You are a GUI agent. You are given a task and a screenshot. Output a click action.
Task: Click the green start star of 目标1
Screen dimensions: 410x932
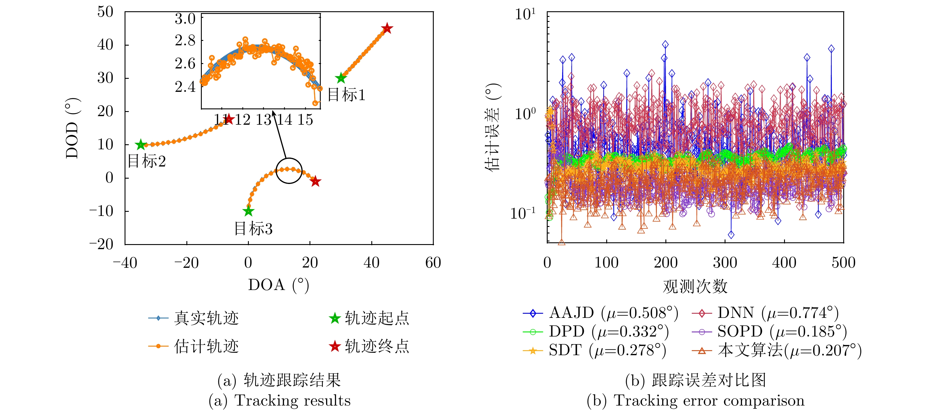[x=341, y=78]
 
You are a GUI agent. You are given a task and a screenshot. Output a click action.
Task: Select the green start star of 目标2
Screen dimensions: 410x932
[x=140, y=145]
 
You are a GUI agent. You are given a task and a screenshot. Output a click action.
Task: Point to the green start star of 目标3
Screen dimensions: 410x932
[x=248, y=211]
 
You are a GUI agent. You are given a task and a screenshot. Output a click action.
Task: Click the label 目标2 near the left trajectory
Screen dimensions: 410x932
[x=147, y=161]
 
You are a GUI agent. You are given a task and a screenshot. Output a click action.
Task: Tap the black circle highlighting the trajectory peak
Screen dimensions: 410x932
[x=289, y=171]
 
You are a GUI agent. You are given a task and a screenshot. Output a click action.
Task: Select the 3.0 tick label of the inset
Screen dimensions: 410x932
[x=185, y=19]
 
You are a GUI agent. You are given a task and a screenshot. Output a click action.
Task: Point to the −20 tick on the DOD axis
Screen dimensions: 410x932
[x=102, y=244]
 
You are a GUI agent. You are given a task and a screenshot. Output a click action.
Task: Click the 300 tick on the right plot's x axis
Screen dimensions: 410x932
[x=725, y=262]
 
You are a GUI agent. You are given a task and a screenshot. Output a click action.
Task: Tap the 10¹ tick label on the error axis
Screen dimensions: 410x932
[x=525, y=15]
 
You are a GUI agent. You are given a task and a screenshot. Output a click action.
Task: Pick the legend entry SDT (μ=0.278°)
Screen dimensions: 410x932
[x=594, y=350]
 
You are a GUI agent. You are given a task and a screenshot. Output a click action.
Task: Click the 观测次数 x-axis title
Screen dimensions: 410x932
[x=695, y=286]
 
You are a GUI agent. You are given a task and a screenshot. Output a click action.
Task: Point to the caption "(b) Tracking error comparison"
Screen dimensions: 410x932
[x=695, y=401]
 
